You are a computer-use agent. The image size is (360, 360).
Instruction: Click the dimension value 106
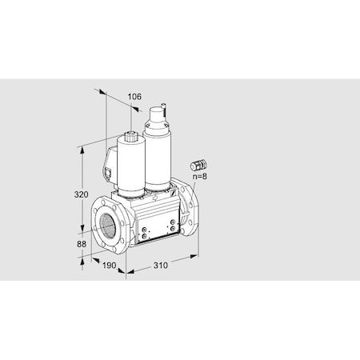tap(134, 97)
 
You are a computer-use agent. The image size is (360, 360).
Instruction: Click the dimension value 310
tap(161, 266)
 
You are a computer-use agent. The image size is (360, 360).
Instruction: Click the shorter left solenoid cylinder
tap(128, 164)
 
